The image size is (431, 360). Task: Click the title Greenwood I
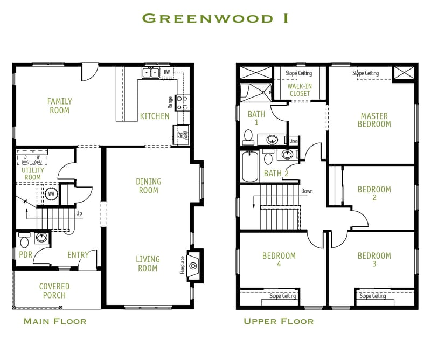(x=215, y=18)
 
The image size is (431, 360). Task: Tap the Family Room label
(x=59, y=106)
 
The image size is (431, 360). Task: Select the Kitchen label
(x=155, y=116)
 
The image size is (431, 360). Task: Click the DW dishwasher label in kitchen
(x=166, y=72)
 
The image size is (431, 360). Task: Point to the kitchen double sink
(x=150, y=72)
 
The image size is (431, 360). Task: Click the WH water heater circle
(x=52, y=194)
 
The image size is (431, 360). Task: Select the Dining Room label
(x=148, y=186)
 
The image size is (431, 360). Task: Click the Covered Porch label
(x=54, y=291)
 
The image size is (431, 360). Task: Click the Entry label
(x=78, y=255)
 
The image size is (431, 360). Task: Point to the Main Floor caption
(x=54, y=322)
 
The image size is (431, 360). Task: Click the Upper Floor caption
(x=278, y=322)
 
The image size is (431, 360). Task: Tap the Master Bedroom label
(x=374, y=120)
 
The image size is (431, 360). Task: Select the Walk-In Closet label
(x=300, y=90)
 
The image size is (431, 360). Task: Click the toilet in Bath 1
(x=249, y=137)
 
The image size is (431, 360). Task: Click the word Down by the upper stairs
(x=307, y=191)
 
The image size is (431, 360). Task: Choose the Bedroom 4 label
(x=279, y=260)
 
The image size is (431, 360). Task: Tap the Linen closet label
(x=294, y=141)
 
